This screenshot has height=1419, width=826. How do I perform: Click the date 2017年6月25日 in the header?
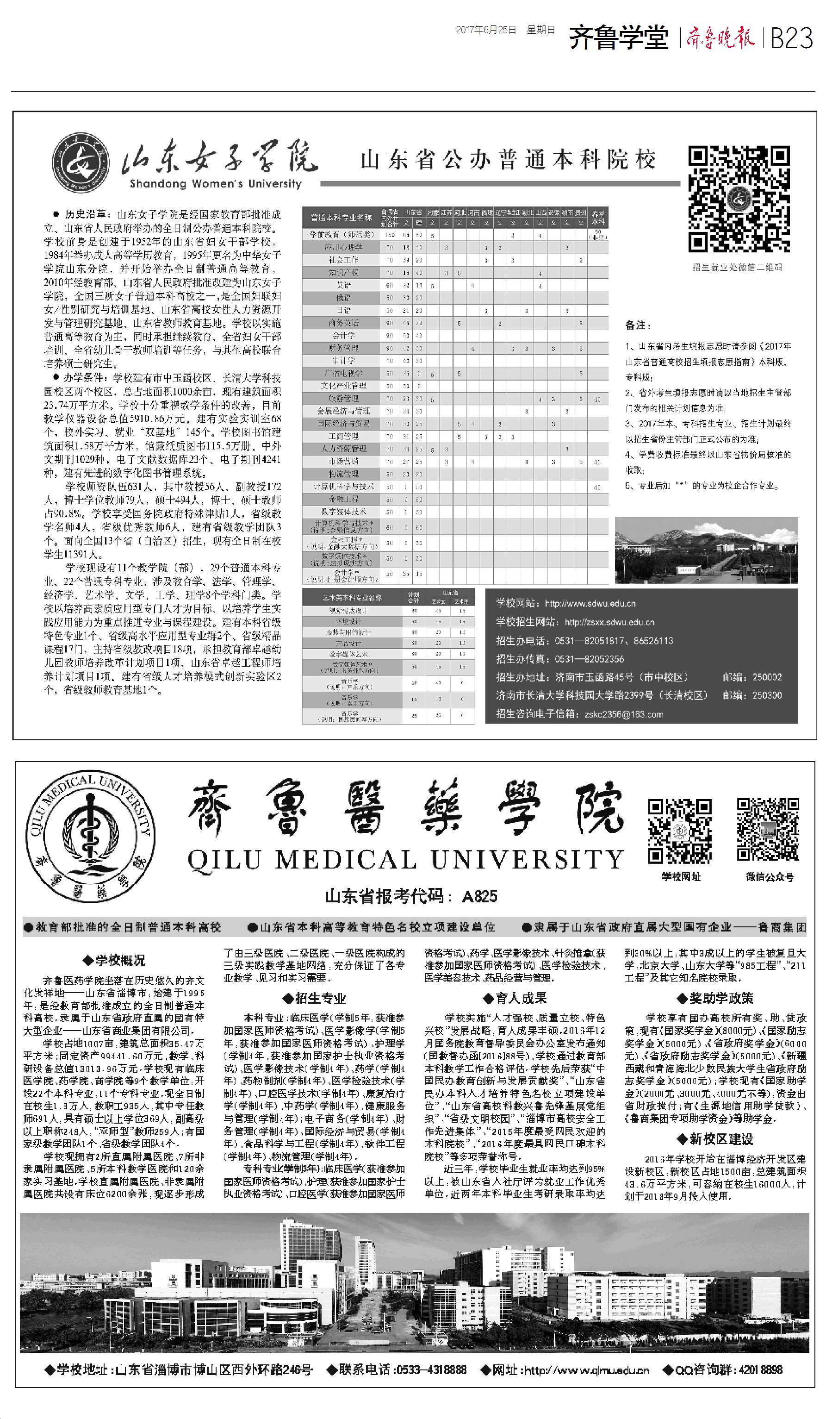(x=485, y=30)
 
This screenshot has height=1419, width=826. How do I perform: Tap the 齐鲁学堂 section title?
(x=618, y=38)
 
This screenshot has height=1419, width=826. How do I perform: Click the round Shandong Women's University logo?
(x=81, y=164)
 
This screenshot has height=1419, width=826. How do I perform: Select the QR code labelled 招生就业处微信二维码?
(x=739, y=198)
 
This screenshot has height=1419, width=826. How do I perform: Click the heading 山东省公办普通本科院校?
(x=508, y=160)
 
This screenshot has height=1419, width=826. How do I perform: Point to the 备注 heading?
(x=638, y=325)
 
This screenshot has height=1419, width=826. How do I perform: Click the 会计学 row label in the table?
(x=343, y=335)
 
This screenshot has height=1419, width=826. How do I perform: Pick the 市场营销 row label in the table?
(x=343, y=461)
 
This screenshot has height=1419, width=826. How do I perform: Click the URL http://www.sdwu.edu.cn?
(x=590, y=604)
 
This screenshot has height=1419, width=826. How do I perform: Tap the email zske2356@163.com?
(x=623, y=714)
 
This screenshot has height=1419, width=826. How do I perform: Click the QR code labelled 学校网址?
(x=680, y=831)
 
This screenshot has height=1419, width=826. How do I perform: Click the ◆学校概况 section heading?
(x=114, y=961)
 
